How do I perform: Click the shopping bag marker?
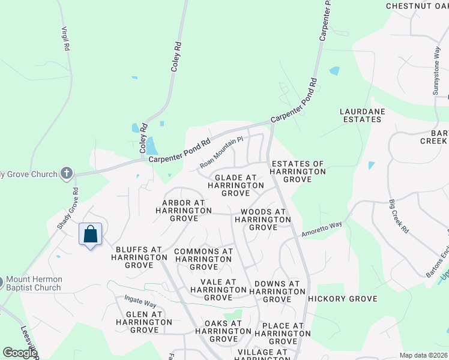(x=90, y=234)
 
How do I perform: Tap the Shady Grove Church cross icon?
(x=67, y=174)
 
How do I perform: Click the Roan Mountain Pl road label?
(x=221, y=152)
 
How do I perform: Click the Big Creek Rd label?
(x=398, y=217)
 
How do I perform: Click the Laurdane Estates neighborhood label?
(x=361, y=115)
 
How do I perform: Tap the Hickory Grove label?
(x=342, y=299)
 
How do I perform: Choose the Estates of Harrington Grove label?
(x=298, y=171)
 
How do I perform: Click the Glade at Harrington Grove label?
(x=235, y=185)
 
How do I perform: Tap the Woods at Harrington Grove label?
(x=263, y=220)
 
